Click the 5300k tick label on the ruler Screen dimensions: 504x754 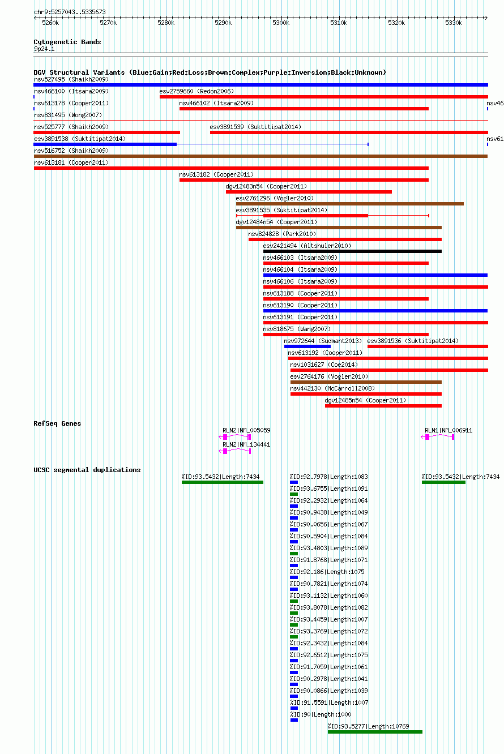click(281, 23)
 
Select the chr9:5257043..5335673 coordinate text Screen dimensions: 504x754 click(70, 12)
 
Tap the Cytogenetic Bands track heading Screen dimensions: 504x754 click(67, 42)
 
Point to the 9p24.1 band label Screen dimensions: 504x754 click(44, 49)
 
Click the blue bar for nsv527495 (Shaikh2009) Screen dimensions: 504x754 click(260, 85)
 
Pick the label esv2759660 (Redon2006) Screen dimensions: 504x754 click(197, 91)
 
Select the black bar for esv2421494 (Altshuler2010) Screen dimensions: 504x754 click(352, 251)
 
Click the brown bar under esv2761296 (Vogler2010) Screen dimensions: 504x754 click(350, 204)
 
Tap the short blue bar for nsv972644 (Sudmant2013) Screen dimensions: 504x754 click(307, 346)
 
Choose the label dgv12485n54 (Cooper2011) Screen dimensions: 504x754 click(365, 400)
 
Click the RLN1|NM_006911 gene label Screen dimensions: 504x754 click(449, 430)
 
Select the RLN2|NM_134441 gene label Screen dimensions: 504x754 click(246, 444)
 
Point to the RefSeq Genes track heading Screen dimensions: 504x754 click(57, 423)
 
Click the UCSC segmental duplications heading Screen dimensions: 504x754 click(87, 470)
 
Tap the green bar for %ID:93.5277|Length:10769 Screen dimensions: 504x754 click(375, 732)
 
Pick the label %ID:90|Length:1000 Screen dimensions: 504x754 click(321, 714)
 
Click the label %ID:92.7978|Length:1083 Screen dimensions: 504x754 click(329, 477)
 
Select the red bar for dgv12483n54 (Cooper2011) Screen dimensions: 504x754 click(309, 192)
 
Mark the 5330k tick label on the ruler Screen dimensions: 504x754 click(454, 23)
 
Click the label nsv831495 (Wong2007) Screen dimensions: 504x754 click(68, 115)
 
